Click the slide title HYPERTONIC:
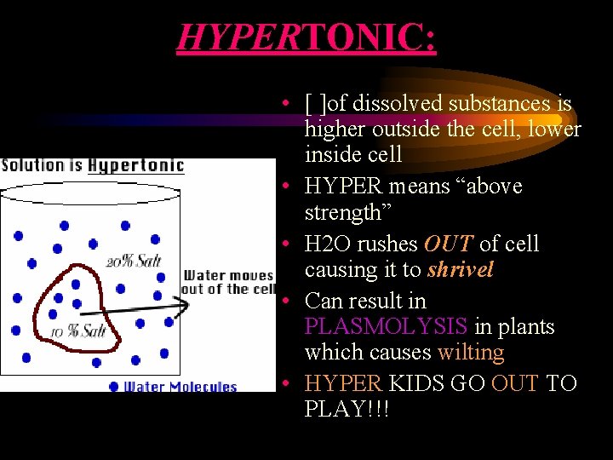pos(306,38)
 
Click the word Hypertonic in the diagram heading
pos(135,164)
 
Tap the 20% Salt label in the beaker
pos(134,261)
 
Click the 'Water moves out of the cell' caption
pos(228,282)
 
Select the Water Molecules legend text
pos(180,387)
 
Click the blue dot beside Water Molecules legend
pos(114,387)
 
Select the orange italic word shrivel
pos(461,270)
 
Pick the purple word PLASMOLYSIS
pos(386,326)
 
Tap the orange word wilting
pos(471,352)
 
